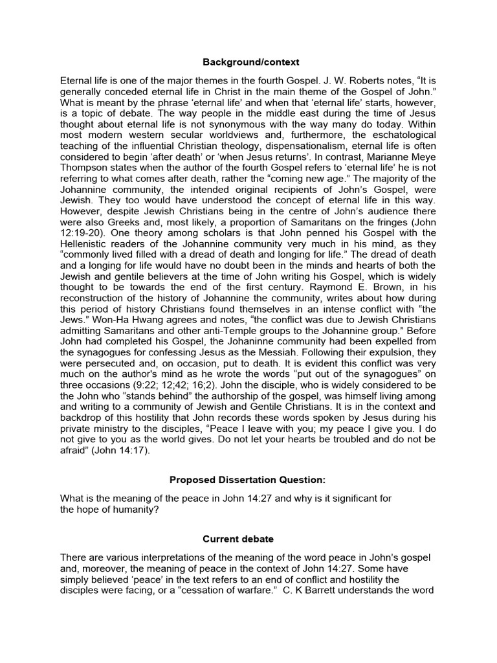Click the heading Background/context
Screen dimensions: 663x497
(248, 63)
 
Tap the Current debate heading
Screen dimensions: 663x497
(248, 538)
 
